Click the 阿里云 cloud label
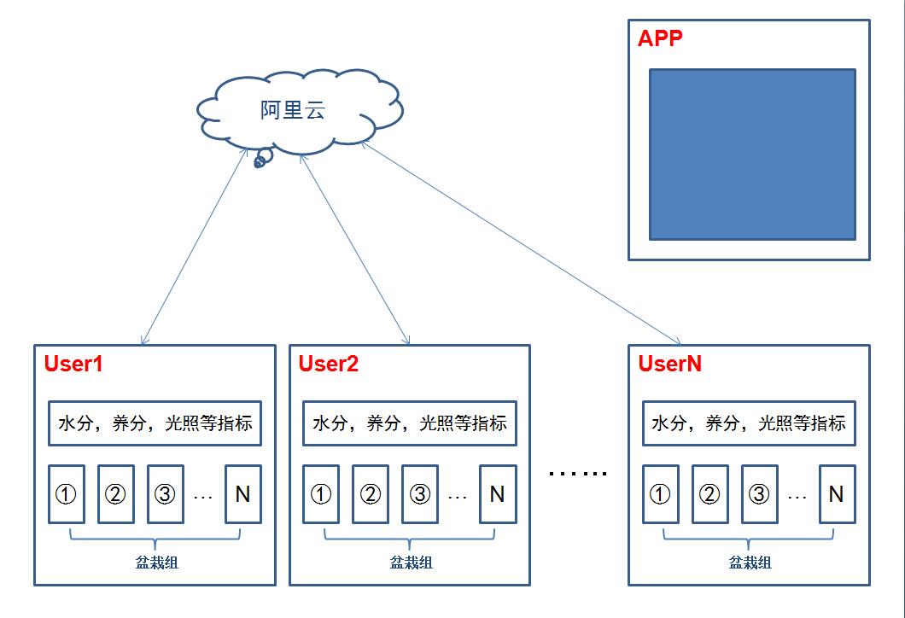pos(293,110)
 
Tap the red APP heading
pos(660,38)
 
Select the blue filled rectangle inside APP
pos(752,154)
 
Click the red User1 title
pos(73,364)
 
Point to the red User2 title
pos(329,364)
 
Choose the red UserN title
pos(670,364)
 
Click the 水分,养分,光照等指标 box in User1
pos(155,423)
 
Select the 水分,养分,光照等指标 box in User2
pos(410,423)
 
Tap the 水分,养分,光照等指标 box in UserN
pos(749,423)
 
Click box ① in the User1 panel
pos(67,494)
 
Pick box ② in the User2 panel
pos(371,494)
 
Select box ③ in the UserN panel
pos(759,494)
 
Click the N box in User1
pos(242,494)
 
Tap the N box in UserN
pos(837,494)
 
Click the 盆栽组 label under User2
pos(411,563)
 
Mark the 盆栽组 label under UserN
pos(750,563)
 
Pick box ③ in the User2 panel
pos(420,494)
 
